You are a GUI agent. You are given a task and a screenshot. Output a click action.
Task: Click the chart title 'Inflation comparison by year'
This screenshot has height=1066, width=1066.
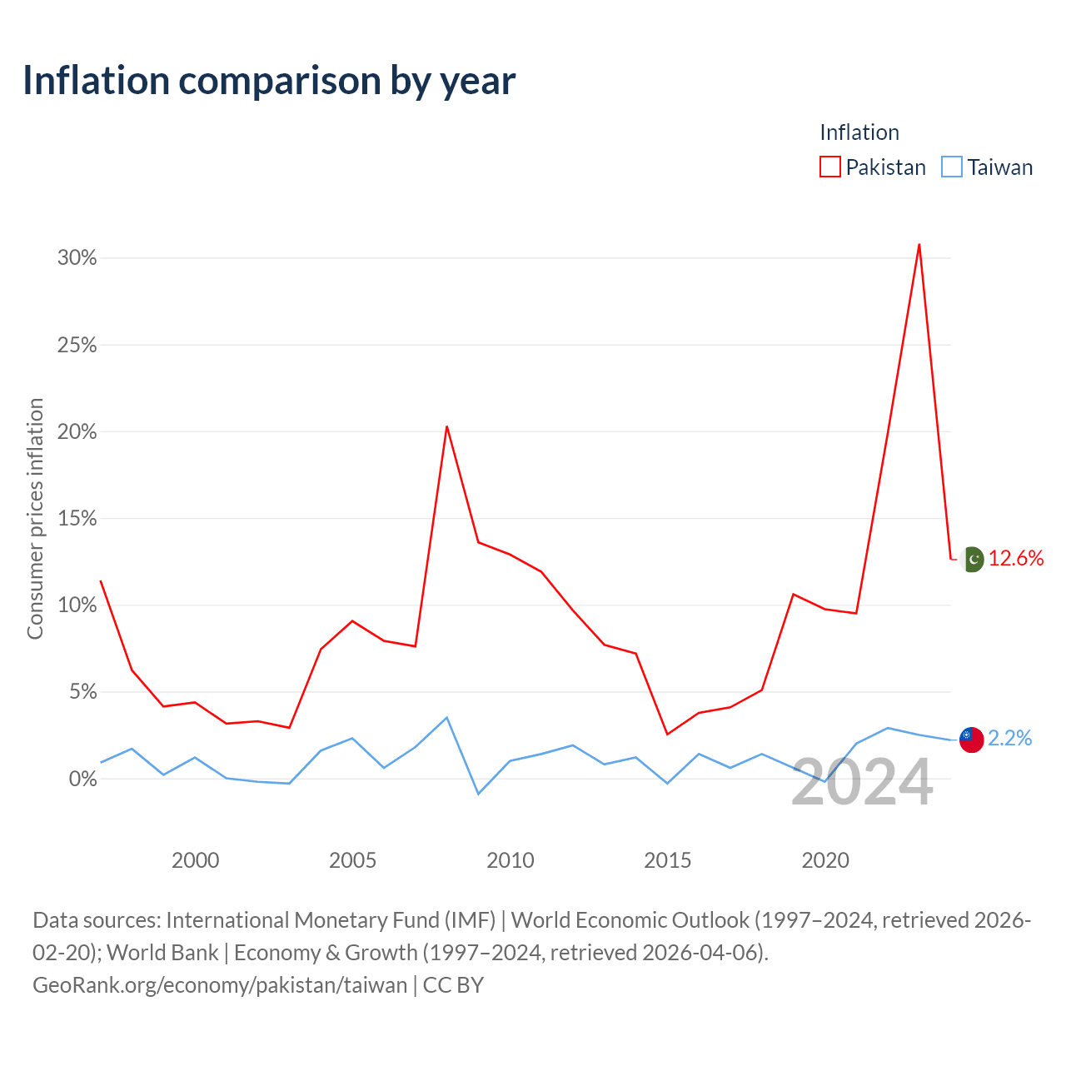[x=269, y=82]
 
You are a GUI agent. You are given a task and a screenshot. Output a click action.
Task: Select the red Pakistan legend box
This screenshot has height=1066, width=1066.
[x=829, y=167]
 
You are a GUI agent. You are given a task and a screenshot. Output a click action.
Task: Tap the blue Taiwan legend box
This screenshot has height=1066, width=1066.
[x=951, y=167]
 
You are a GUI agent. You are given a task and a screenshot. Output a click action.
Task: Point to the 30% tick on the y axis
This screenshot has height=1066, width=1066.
[x=77, y=258]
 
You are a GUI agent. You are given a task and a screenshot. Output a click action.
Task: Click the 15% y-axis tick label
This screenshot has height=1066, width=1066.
[x=77, y=518]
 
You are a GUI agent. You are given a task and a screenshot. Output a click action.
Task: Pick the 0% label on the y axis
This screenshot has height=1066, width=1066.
[x=83, y=779]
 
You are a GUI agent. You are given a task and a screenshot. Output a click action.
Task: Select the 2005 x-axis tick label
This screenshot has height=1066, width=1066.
[x=352, y=860]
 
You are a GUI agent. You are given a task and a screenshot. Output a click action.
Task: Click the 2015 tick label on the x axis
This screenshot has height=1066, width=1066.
[x=667, y=860]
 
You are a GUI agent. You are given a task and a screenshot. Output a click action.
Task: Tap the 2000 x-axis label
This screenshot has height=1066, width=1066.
[x=195, y=860]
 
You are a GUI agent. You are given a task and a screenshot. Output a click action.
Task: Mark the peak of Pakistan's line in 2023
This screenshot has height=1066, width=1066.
[x=919, y=245]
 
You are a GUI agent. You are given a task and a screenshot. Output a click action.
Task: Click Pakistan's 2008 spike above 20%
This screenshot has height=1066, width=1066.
[x=447, y=426]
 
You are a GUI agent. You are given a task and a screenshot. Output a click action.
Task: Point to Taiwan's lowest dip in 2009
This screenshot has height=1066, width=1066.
[x=478, y=794]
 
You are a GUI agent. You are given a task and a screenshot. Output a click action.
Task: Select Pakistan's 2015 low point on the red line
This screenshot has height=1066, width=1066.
[x=667, y=734]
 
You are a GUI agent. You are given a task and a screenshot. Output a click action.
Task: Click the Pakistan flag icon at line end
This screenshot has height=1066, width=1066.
[x=972, y=560]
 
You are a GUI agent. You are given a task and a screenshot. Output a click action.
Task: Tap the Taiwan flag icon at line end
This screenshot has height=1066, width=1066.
[x=971, y=740]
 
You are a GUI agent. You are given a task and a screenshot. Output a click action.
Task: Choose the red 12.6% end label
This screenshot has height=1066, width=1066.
[x=1016, y=558]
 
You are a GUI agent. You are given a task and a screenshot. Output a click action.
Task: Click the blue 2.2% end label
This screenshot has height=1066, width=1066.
[x=1009, y=738]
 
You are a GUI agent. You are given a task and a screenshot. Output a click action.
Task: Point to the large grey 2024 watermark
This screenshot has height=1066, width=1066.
[x=862, y=782]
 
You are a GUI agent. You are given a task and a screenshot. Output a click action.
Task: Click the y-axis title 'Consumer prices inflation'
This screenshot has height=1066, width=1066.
[x=35, y=518]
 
